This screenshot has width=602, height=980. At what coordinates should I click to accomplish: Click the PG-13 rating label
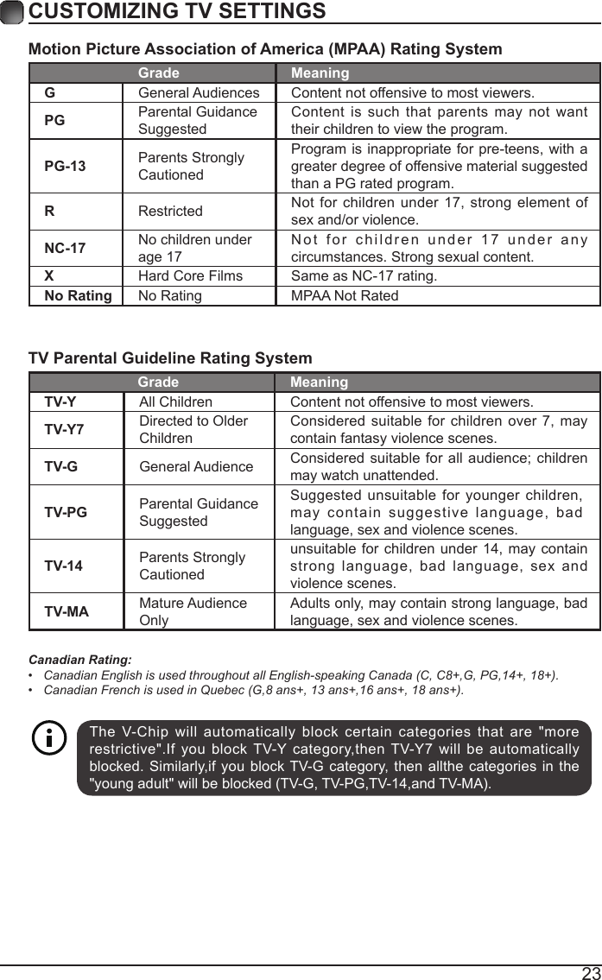click(x=66, y=166)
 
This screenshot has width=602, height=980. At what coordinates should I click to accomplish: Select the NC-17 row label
click(x=66, y=248)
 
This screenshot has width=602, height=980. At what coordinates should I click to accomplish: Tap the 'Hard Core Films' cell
click(x=191, y=276)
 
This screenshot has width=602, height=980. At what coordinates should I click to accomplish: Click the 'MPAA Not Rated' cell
click(x=345, y=296)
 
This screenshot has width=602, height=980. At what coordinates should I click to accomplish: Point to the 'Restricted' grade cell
click(x=171, y=211)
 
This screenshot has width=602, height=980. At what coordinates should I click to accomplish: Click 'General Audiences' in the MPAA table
click(x=199, y=92)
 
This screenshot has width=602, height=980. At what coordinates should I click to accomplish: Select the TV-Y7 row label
click(x=65, y=429)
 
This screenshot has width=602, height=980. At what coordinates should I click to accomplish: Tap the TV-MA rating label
click(x=67, y=611)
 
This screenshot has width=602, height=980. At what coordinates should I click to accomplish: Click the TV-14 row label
click(x=64, y=566)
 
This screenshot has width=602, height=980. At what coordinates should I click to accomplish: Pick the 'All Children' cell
click(x=175, y=402)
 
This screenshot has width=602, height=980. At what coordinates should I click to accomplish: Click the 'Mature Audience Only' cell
click(x=193, y=611)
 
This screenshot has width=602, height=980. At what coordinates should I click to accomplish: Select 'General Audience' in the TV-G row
click(x=196, y=466)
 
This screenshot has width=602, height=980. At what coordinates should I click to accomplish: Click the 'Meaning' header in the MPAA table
click(x=320, y=73)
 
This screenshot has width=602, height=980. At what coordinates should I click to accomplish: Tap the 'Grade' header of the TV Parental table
click(x=158, y=383)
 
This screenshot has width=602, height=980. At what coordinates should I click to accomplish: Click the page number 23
click(x=591, y=972)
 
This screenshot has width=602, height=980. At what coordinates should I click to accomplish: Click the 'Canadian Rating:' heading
click(x=80, y=659)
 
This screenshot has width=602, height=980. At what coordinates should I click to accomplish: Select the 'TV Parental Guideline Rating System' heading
click(x=171, y=358)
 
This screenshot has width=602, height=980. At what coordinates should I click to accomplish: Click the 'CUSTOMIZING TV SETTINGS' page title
click(x=177, y=11)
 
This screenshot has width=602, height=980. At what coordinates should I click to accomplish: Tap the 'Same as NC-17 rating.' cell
click(x=364, y=276)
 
